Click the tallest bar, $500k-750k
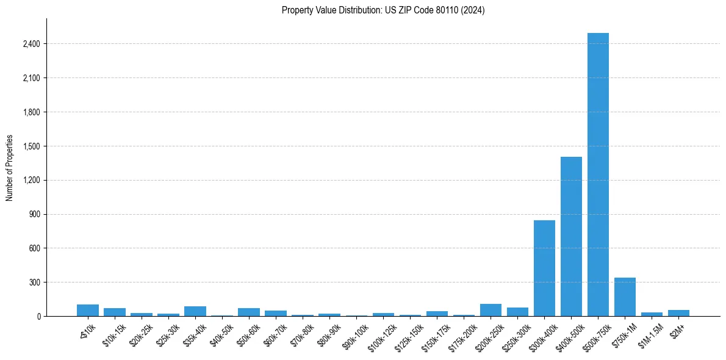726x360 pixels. tap(598, 175)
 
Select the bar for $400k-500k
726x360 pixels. tap(571, 237)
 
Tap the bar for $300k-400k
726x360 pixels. tap(544, 268)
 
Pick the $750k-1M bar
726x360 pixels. tap(625, 297)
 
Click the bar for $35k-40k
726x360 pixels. tap(195, 311)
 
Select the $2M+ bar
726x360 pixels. tap(678, 313)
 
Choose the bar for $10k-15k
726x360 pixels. tap(115, 312)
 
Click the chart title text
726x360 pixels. tap(383, 10)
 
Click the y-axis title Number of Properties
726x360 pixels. tap(10, 168)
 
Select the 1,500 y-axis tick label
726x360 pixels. tap(31, 146)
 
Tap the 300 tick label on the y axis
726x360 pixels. tap(34, 283)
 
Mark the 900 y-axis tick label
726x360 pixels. tap(34, 214)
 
